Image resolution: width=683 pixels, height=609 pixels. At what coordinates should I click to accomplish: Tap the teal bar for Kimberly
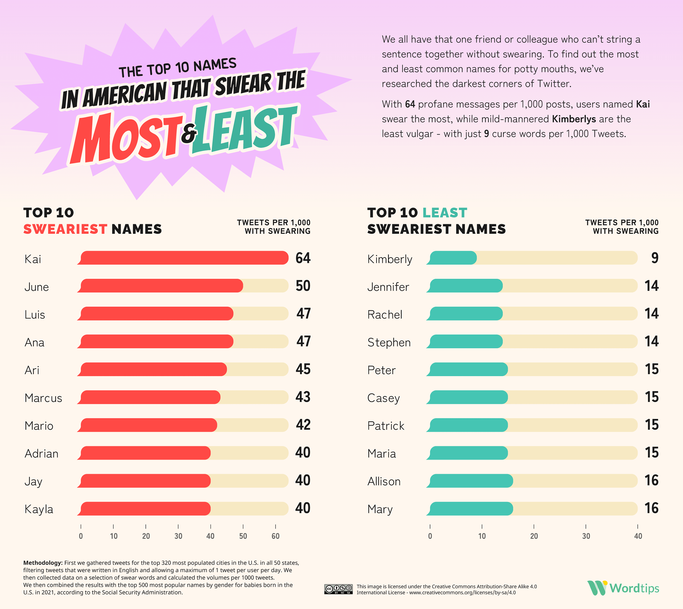[x=452, y=258]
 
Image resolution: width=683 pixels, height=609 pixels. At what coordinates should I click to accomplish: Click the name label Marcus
[x=43, y=398]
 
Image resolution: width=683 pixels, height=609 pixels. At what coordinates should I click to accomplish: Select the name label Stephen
[x=389, y=342]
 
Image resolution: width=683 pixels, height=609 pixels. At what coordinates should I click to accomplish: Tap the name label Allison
[x=384, y=481]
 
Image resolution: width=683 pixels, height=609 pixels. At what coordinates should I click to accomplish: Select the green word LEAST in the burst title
[x=244, y=129]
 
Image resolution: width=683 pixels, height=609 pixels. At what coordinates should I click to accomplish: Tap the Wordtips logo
[x=623, y=588]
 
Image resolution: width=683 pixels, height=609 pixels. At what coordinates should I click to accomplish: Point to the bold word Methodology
[x=43, y=563]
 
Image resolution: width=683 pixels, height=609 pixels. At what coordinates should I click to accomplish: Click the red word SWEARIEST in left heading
[x=65, y=229]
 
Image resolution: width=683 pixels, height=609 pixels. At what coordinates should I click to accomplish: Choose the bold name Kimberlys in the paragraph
[x=574, y=119]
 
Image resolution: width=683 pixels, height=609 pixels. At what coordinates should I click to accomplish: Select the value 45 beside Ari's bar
[x=303, y=369]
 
